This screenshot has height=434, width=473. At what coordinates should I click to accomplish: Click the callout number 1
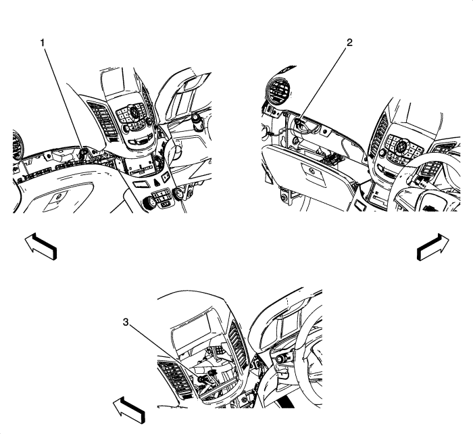click(x=43, y=43)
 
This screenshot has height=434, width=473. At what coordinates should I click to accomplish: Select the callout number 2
click(x=349, y=43)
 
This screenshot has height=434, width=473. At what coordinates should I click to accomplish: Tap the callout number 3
click(x=126, y=322)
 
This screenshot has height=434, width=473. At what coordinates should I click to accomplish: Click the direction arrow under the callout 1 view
click(x=41, y=245)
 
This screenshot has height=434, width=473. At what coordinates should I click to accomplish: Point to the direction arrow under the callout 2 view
click(x=433, y=247)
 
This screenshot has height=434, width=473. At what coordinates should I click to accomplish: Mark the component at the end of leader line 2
click(x=298, y=122)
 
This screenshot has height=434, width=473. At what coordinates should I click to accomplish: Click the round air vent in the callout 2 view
click(x=278, y=89)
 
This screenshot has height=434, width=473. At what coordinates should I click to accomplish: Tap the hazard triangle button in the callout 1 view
click(x=157, y=182)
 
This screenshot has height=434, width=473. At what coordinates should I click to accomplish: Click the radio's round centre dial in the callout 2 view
click(x=402, y=146)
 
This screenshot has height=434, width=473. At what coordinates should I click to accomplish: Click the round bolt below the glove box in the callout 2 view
click(x=284, y=199)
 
